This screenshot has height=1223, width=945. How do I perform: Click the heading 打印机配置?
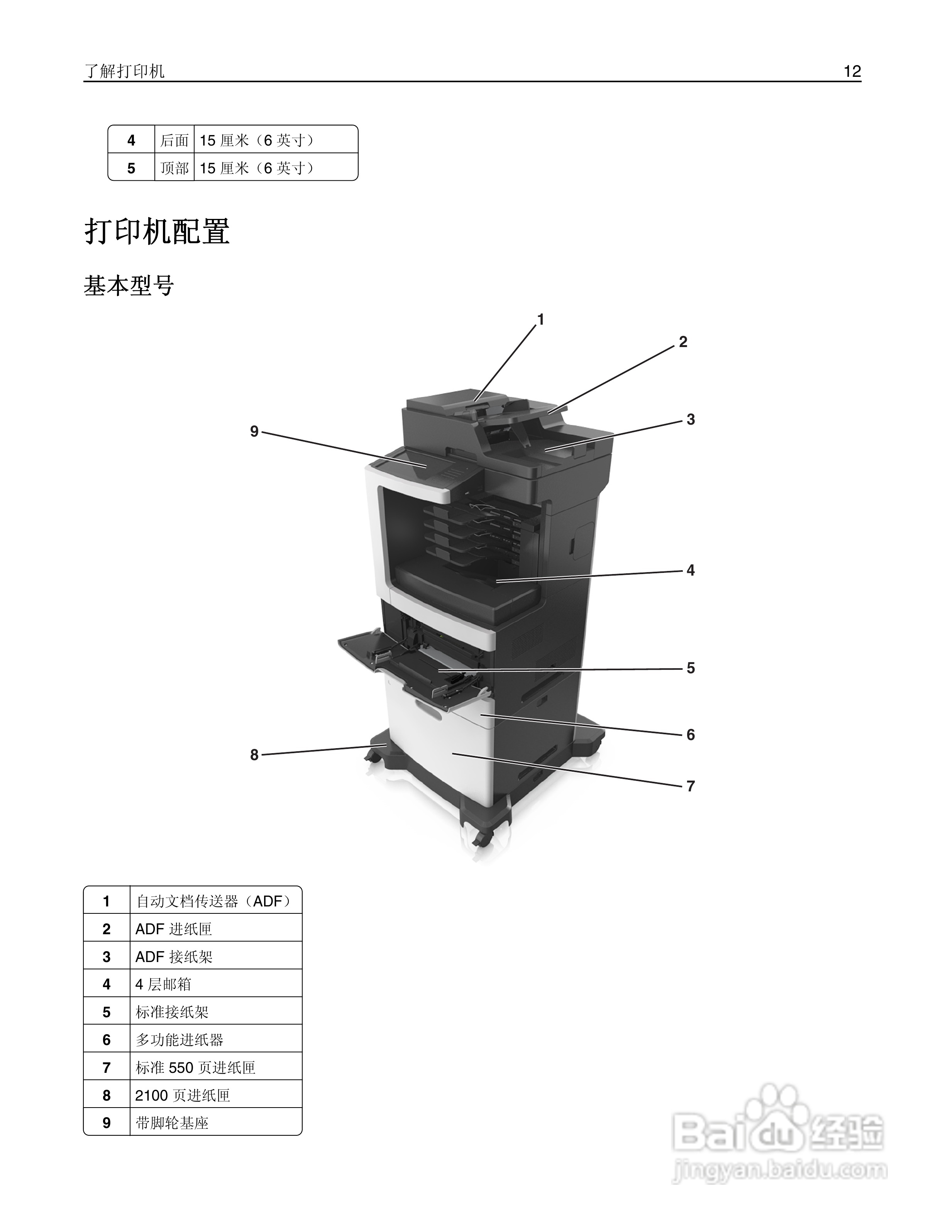(x=157, y=231)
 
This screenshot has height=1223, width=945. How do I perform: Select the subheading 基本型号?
(x=129, y=286)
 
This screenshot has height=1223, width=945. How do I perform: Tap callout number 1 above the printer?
(x=540, y=320)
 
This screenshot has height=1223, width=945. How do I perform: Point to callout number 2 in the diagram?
(x=682, y=342)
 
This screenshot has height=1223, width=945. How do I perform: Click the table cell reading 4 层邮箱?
(x=163, y=984)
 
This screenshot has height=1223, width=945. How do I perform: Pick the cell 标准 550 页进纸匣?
(x=195, y=1068)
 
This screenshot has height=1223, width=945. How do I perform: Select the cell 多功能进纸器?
(x=179, y=1040)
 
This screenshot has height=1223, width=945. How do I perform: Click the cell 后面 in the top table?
(x=174, y=140)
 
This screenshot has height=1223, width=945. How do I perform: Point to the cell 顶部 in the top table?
(x=174, y=168)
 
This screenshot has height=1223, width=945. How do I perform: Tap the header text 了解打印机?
(x=124, y=71)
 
